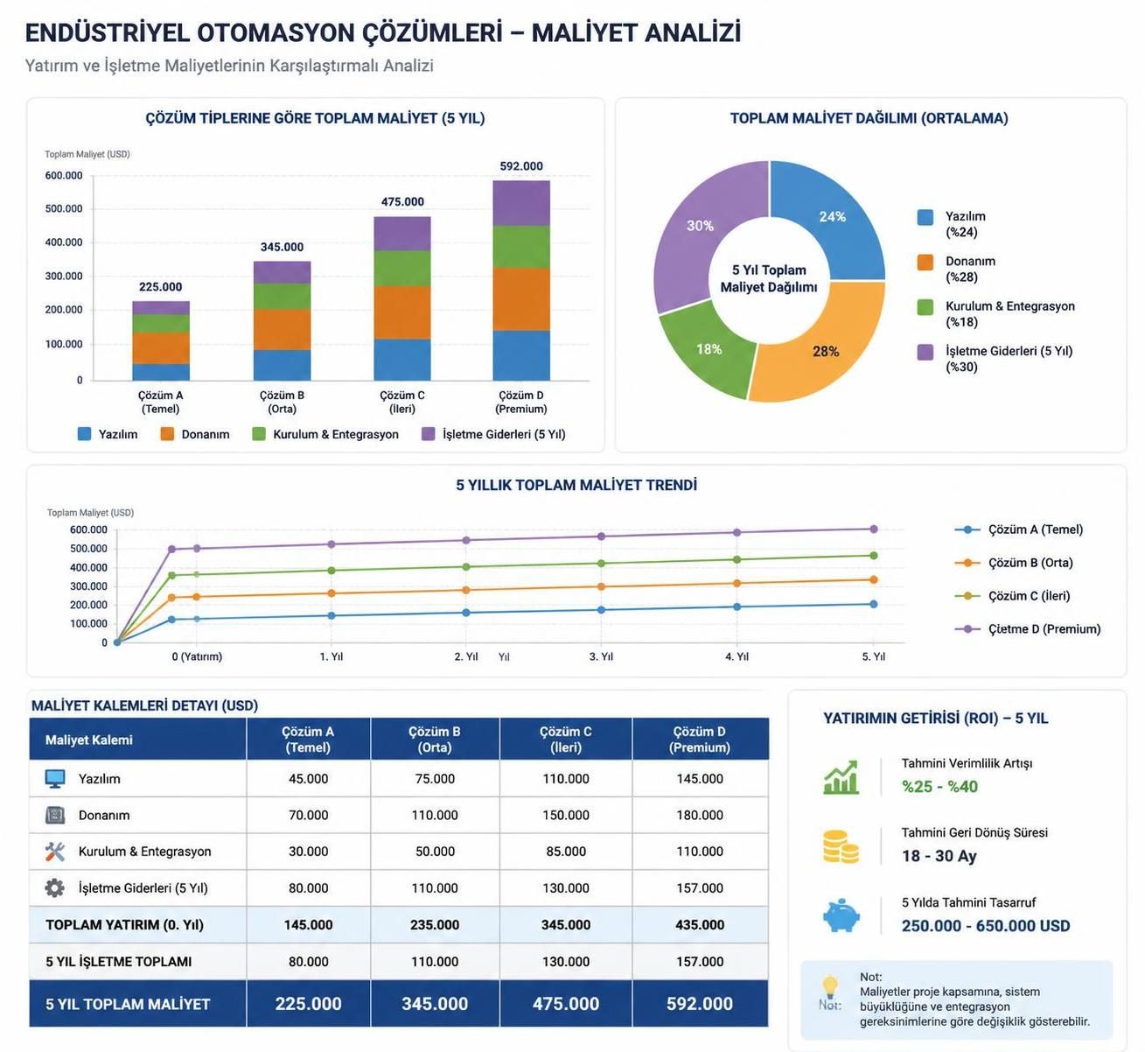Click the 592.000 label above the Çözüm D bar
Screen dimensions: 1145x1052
click(521, 166)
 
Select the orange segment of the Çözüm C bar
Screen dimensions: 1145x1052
click(402, 312)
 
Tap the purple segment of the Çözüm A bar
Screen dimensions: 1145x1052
click(161, 308)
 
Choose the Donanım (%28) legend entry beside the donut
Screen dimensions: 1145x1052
click(956, 269)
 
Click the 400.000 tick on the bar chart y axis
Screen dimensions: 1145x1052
click(64, 242)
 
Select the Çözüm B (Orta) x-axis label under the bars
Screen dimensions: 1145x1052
click(282, 402)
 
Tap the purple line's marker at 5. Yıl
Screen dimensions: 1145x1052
click(873, 529)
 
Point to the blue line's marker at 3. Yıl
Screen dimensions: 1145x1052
click(601, 610)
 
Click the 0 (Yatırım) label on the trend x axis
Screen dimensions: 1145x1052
click(197, 656)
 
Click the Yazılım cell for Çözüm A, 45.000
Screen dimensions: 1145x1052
click(308, 778)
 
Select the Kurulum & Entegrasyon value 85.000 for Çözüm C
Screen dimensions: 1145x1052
click(566, 851)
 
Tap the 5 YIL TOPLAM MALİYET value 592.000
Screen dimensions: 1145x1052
click(700, 1004)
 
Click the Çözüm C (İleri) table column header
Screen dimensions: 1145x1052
click(566, 739)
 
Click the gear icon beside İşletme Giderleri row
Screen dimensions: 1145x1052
click(55, 887)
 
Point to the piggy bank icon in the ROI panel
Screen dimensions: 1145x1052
click(841, 915)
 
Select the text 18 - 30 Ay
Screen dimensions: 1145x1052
click(939, 856)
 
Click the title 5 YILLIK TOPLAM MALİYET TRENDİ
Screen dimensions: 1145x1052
click(576, 485)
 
